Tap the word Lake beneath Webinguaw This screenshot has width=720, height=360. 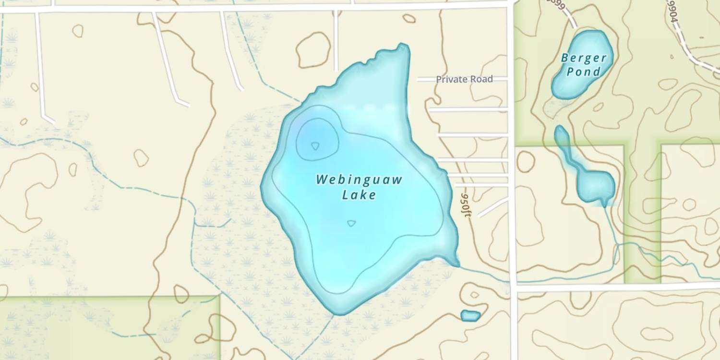[x=359, y=195]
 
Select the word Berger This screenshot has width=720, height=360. [x=584, y=59]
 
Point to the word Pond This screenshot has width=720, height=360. [x=584, y=72]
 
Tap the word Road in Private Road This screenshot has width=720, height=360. [x=481, y=79]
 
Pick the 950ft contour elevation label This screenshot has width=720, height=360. [x=465, y=205]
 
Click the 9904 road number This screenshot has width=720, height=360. [x=673, y=9]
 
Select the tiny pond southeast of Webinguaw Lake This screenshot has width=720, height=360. [x=470, y=315]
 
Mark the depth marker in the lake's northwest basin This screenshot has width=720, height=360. [x=315, y=145]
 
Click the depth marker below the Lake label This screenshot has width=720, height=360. [x=351, y=223]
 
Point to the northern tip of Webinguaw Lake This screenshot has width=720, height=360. [x=402, y=47]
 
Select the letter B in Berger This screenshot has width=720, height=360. [x=566, y=59]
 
